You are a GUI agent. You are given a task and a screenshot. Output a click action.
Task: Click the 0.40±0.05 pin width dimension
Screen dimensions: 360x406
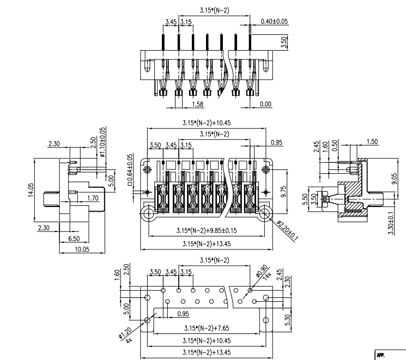coord(274,22)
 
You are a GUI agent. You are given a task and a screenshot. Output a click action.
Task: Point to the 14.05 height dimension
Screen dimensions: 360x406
coord(30,194)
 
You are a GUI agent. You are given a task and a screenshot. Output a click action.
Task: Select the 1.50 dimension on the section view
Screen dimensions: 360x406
coord(372,142)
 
